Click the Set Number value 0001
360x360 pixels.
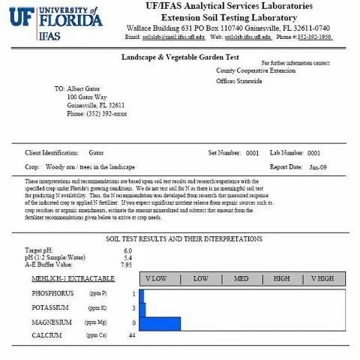[253, 152]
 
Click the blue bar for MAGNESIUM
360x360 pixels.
[160, 323]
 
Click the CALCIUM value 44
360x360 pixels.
[131, 335]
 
